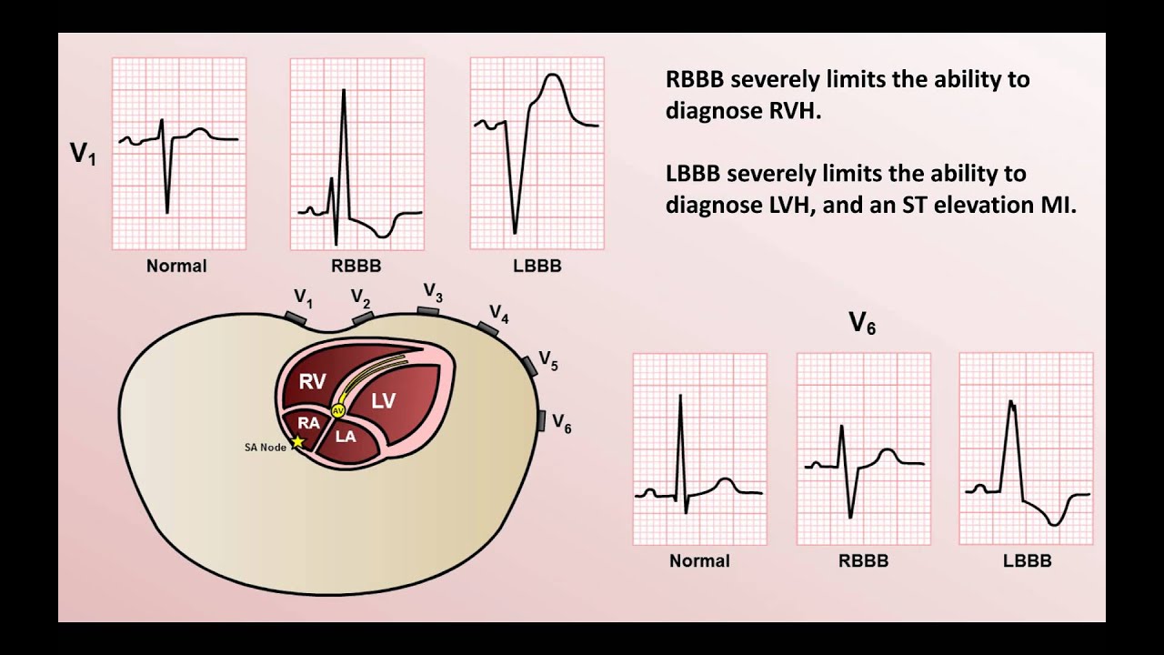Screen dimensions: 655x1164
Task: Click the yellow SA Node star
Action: click(296, 443)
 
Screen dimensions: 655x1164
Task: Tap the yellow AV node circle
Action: click(338, 411)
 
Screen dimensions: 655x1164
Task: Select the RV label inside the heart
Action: click(312, 381)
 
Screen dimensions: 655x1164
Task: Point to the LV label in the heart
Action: click(384, 399)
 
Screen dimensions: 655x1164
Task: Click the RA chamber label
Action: click(308, 423)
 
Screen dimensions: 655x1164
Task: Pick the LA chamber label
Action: click(346, 436)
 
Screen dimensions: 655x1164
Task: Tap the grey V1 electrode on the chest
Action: click(296, 317)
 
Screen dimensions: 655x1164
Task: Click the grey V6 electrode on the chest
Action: click(542, 420)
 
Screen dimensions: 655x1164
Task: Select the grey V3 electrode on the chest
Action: click(428, 311)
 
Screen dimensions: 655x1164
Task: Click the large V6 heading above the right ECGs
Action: click(862, 323)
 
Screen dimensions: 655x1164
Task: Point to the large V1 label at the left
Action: click(83, 154)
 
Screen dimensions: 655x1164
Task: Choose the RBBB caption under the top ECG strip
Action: click(356, 267)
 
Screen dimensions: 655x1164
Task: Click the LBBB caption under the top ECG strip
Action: click(537, 267)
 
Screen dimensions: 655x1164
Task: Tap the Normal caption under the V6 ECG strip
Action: click(699, 561)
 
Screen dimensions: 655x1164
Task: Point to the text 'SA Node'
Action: click(266, 448)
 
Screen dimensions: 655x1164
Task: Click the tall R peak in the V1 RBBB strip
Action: click(344, 90)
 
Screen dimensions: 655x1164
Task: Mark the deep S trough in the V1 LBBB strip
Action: click(515, 232)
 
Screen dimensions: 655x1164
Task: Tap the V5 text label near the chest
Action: click(548, 360)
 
